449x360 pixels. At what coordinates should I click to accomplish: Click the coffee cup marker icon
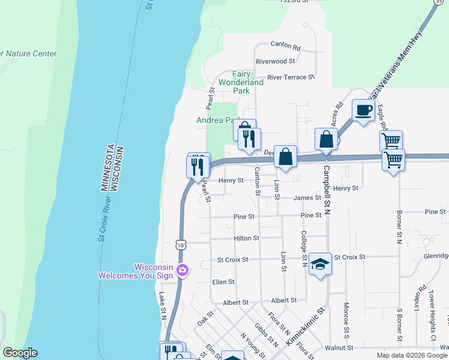[x=363, y=110]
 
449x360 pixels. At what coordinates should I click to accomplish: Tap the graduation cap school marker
[x=321, y=264]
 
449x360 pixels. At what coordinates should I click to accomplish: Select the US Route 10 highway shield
[x=181, y=244]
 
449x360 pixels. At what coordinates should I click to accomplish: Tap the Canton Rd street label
[x=285, y=45]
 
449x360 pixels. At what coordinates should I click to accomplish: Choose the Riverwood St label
[x=276, y=61]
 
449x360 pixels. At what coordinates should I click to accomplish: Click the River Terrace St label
[x=291, y=77]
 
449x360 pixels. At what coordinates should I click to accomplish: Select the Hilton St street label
[x=247, y=238]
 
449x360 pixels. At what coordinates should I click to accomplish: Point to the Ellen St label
[x=223, y=281]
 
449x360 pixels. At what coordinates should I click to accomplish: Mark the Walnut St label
[x=339, y=347]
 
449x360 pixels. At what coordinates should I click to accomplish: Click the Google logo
[x=20, y=353]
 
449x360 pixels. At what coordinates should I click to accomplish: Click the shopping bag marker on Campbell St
[x=325, y=139]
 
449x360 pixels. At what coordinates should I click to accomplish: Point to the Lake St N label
[x=162, y=305]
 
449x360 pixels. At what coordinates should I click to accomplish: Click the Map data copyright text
[x=412, y=355]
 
